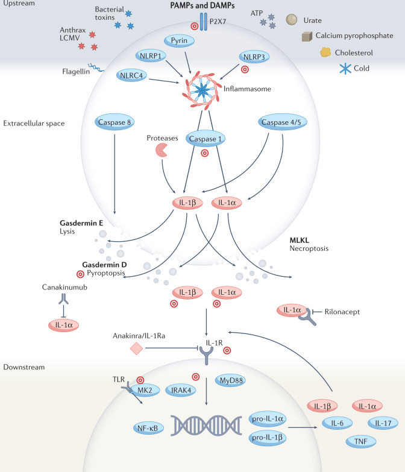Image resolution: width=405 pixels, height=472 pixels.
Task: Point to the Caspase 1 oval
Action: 204,138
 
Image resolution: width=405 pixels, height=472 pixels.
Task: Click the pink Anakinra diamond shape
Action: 138,348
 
